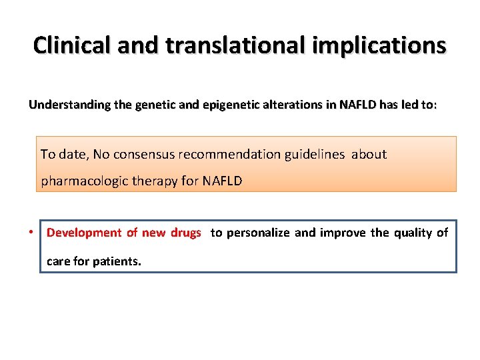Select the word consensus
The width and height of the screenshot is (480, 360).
click(x=143, y=155)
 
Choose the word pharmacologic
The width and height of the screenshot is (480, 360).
click(x=83, y=181)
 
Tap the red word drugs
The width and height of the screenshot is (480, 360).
click(x=185, y=233)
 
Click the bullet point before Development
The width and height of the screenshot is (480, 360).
click(x=31, y=233)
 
